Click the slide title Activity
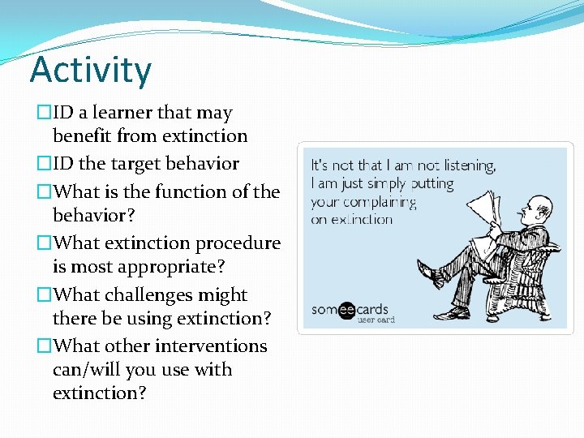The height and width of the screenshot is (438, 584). pyautogui.click(x=90, y=70)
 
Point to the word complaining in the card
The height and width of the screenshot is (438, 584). pyautogui.click(x=381, y=201)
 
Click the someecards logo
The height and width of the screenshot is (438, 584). pyautogui.click(x=350, y=309)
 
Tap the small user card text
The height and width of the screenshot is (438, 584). pyautogui.click(x=376, y=320)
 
